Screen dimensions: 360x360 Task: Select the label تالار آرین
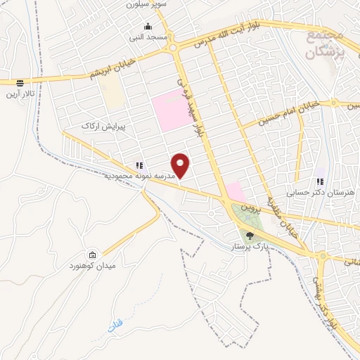tap(20, 93)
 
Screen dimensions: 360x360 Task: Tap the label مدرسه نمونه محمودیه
tap(140, 174)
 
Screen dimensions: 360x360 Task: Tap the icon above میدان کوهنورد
tap(92, 255)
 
